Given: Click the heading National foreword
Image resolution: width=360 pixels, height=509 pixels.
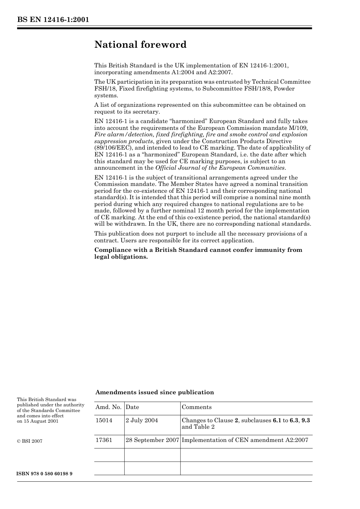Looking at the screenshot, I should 140,45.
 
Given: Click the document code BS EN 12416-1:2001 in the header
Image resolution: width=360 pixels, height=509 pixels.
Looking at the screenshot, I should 53,20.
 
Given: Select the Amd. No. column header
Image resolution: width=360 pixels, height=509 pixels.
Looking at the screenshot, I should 108,407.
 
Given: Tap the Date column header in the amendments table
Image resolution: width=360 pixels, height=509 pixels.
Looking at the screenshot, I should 132,407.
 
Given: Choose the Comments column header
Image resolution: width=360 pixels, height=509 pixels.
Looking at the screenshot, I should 197,407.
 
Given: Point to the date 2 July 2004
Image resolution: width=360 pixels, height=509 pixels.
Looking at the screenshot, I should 142,420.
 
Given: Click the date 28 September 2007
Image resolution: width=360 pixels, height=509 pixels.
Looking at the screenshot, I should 152,440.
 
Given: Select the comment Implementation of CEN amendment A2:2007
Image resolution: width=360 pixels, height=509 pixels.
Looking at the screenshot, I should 245,440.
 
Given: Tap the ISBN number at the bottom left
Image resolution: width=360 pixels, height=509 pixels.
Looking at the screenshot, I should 45,474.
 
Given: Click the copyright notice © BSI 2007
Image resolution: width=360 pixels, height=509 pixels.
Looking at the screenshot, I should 30,441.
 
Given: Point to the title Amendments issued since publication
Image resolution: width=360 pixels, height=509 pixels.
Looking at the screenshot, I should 155,392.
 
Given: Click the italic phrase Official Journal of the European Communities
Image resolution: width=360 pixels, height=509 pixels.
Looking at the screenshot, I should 220,168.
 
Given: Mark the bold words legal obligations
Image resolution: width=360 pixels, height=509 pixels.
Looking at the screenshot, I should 121,257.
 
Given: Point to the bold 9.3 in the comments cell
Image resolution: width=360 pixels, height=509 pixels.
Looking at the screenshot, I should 306,420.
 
